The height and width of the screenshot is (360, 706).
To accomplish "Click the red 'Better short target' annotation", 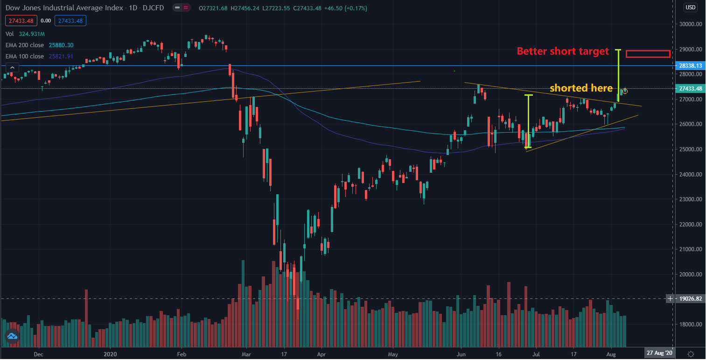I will click(562, 51).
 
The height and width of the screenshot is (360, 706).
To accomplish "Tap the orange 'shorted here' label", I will click(581, 88).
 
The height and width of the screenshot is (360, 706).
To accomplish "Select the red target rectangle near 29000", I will click(648, 54).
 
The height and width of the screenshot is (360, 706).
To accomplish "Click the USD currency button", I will click(690, 7).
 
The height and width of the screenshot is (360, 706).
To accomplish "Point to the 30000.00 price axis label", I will click(689, 24).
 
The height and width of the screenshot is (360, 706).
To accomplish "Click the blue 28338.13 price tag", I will click(689, 66).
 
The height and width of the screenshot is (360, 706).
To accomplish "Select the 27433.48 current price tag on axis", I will click(689, 89).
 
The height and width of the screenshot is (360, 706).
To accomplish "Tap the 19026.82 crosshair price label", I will click(689, 298).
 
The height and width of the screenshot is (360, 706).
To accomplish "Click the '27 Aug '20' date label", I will click(659, 353).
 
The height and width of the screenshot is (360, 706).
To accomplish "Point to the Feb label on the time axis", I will click(182, 353).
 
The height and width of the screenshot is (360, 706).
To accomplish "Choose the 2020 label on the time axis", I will click(111, 353).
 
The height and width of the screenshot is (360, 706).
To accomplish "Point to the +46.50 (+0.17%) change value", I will click(346, 8).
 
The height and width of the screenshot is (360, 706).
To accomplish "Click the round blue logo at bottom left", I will click(12, 336).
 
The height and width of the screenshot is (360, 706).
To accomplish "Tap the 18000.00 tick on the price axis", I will click(689, 325).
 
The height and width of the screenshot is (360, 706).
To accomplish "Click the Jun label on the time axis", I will click(461, 353).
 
